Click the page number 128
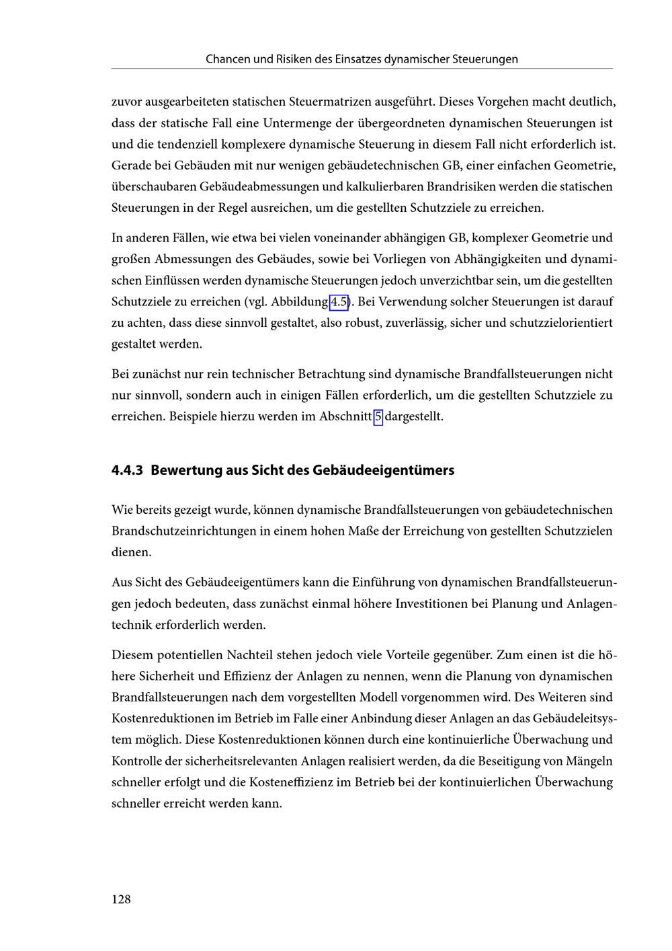pos(121,899)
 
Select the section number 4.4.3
pos(127,470)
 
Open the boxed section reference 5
pos(378,416)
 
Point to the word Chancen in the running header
pos(228,59)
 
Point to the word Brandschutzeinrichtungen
pos(184,531)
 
